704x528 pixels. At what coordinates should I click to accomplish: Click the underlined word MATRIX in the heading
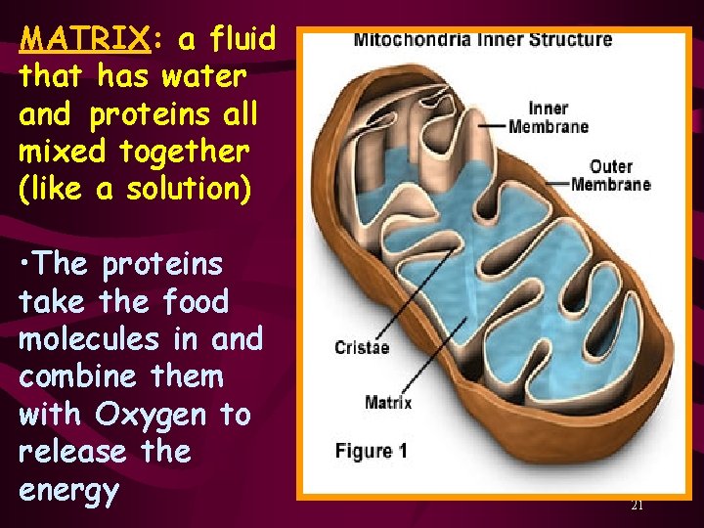tap(81, 40)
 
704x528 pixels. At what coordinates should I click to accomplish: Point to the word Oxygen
tap(151, 415)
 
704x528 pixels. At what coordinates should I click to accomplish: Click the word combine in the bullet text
tap(77, 377)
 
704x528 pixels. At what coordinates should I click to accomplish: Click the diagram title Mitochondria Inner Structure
tap(482, 40)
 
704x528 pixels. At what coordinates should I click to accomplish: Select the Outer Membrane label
tap(610, 175)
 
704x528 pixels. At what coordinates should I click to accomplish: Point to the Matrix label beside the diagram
tap(388, 402)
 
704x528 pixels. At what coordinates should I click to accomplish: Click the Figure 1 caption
tap(371, 452)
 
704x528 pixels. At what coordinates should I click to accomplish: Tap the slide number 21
tap(637, 506)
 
